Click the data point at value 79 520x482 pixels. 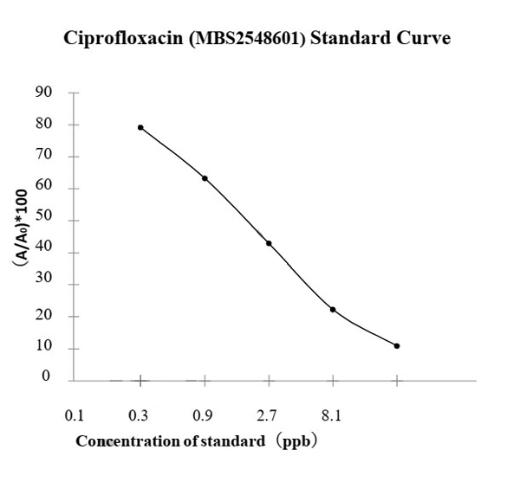140,127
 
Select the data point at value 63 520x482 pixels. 205,178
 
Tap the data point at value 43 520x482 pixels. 269,243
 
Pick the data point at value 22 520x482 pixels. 333,309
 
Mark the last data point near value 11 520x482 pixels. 397,346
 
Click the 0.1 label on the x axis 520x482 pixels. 75,416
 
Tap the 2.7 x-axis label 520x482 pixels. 269,416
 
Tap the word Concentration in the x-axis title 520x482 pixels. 122,441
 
